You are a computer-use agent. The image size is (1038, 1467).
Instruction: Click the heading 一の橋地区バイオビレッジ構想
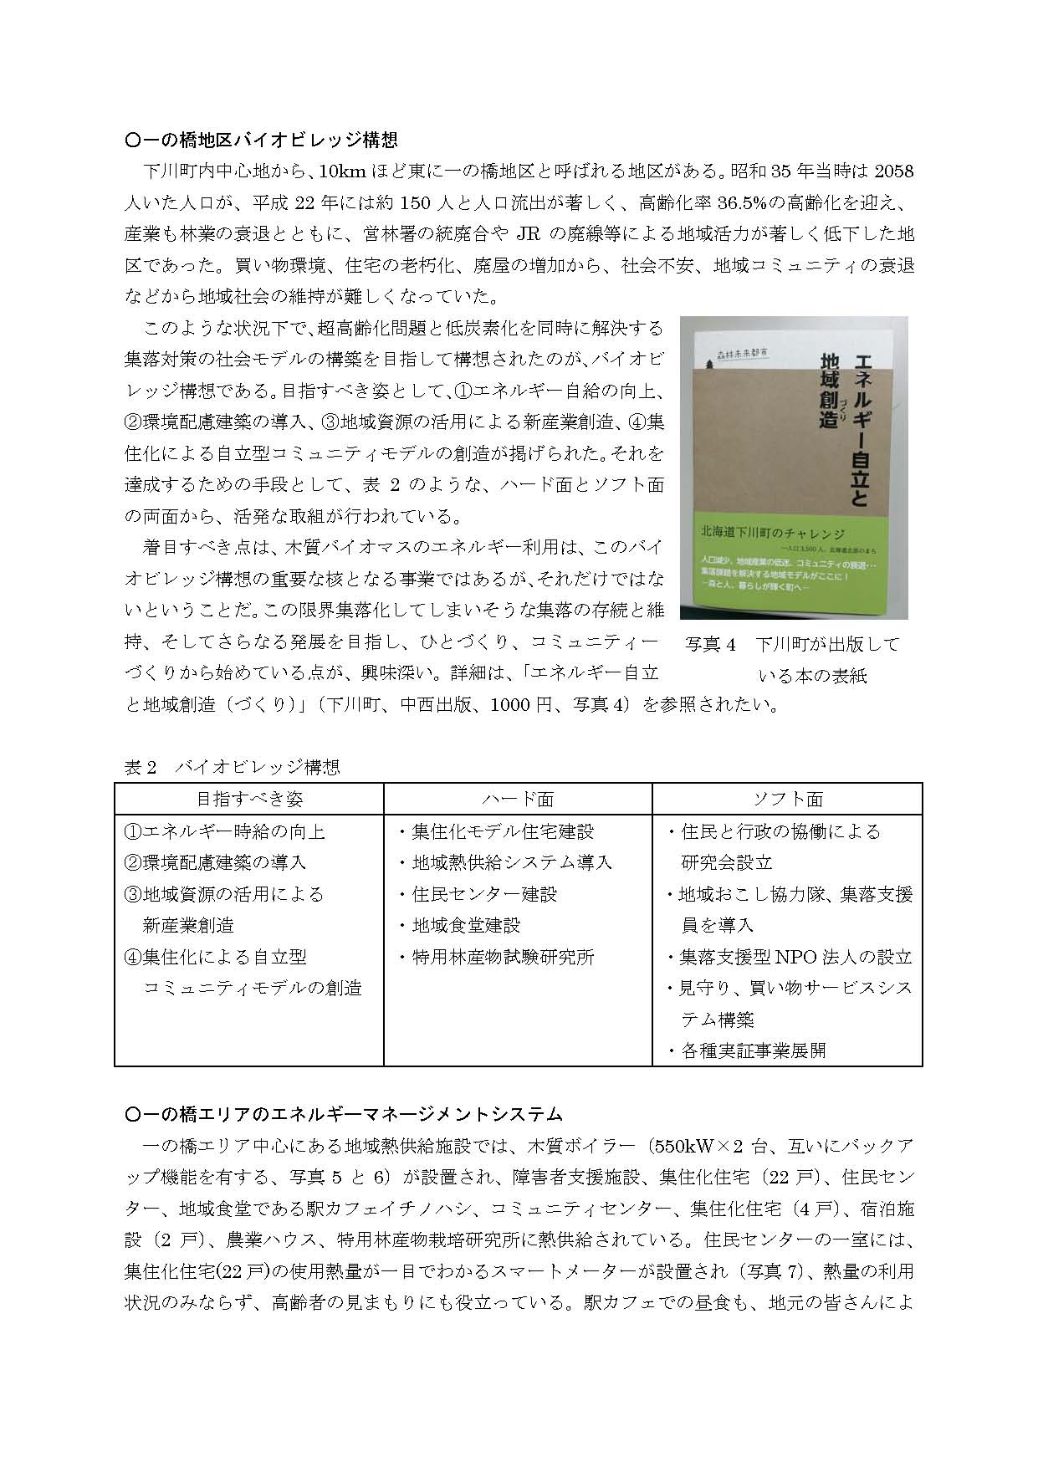coord(260,140)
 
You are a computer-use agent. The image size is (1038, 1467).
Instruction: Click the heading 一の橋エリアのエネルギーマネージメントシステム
coord(343,1114)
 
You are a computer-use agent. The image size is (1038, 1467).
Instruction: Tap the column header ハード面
coord(518,799)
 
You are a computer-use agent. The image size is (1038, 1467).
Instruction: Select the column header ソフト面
coord(787,799)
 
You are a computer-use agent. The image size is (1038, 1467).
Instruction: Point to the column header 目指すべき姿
coord(249,799)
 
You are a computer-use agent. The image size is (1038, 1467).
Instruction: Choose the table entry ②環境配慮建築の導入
coord(215,862)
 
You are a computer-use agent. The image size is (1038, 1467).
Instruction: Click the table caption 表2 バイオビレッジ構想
coord(232,767)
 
